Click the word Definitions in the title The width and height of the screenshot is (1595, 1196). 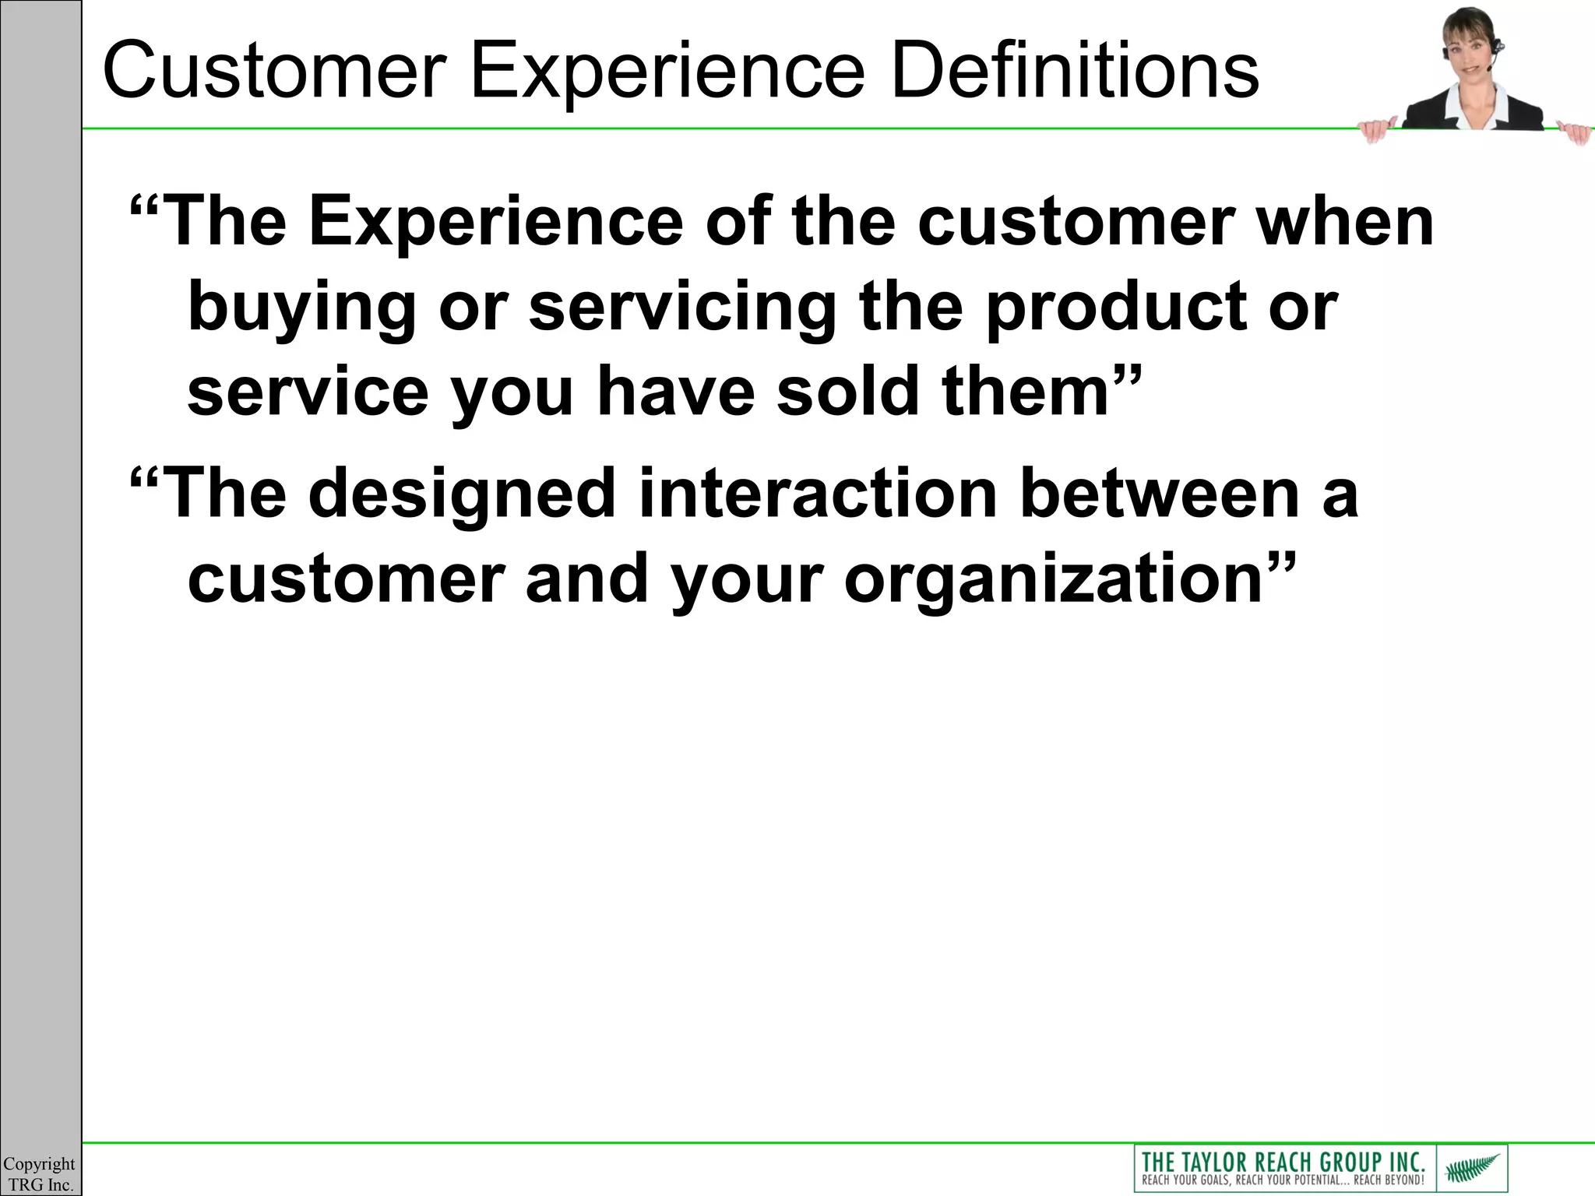[x=1075, y=72]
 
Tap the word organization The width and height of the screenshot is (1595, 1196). [x=1051, y=580]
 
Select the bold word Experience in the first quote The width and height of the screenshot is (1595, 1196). [x=495, y=223]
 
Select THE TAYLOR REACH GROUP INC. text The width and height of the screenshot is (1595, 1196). [x=1283, y=1161]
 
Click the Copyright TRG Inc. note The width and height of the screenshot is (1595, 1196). [x=39, y=1174]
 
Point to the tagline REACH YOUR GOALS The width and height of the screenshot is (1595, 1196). [x=1192, y=1180]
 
